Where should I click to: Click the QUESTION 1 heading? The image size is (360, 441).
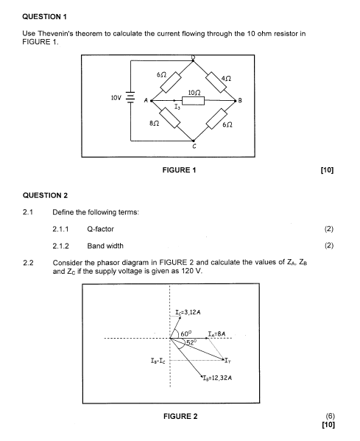point(44,17)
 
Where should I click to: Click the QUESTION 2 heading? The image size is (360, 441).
point(45,196)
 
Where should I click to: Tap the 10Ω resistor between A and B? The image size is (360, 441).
point(193,100)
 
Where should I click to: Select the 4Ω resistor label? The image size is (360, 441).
point(226,79)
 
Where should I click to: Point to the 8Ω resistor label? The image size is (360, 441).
point(154,123)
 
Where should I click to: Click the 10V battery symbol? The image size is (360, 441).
point(130,97)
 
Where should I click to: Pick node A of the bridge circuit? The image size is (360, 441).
point(152,100)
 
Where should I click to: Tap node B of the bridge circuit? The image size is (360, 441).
point(235,100)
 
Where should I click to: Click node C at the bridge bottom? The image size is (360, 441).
point(193,141)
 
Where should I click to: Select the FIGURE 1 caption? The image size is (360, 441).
point(179,170)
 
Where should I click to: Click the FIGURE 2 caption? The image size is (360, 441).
point(180,416)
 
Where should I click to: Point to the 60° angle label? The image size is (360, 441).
point(186,334)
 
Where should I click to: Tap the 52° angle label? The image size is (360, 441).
point(191,342)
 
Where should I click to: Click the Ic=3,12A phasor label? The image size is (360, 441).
point(188,312)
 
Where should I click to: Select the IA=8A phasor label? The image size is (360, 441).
point(216,334)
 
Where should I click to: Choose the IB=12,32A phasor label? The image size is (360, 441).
point(217,378)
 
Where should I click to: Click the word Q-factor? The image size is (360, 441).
point(100,229)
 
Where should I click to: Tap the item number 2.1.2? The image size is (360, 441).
point(60,246)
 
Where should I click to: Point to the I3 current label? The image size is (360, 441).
point(177,107)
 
